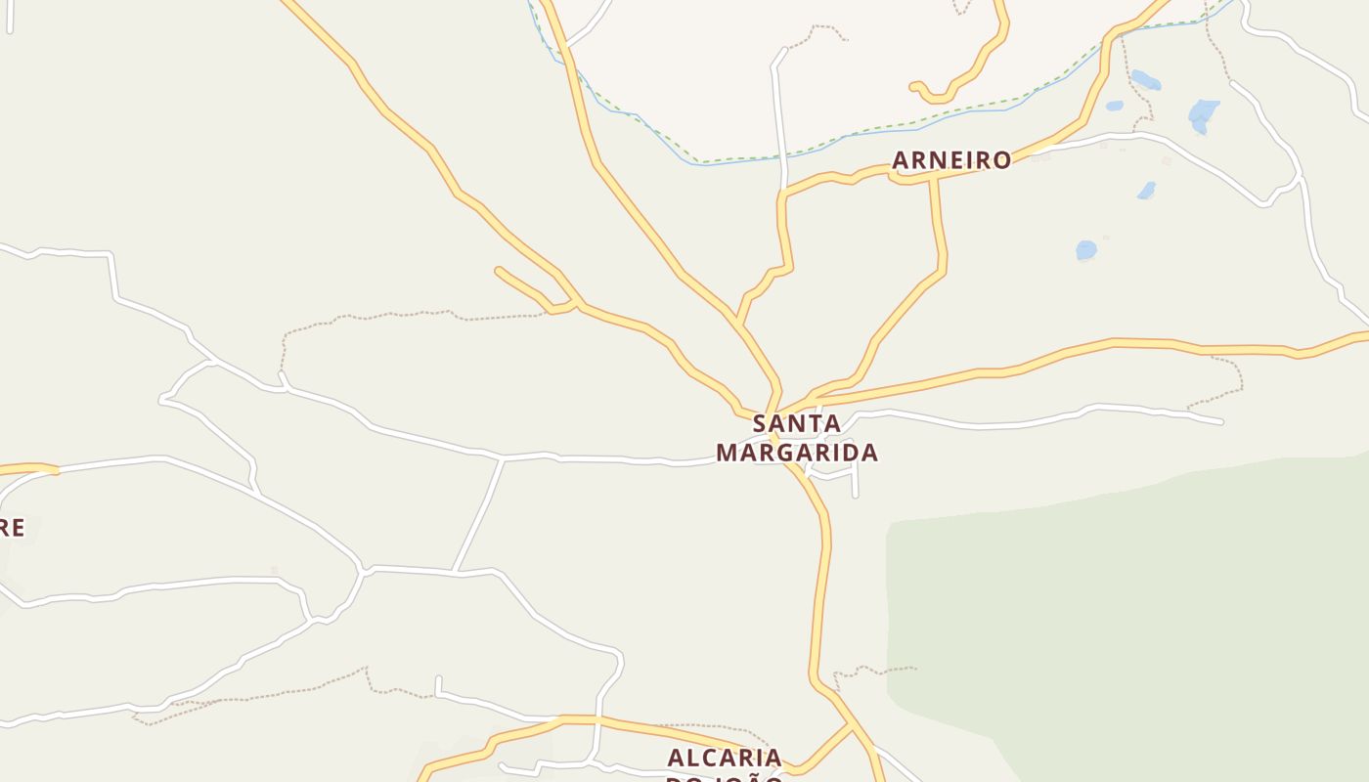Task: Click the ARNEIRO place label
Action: [x=951, y=160]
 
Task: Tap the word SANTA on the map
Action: [x=797, y=424]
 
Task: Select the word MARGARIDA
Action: [x=797, y=453]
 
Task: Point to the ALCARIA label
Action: [x=725, y=758]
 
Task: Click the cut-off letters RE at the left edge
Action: [x=12, y=529]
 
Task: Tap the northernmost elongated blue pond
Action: [x=1145, y=79]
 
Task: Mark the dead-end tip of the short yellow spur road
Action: [x=499, y=270]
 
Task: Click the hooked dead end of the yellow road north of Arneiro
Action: [x=913, y=86]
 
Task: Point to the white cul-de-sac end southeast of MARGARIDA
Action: [x=856, y=495]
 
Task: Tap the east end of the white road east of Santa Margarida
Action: [x=1220, y=422]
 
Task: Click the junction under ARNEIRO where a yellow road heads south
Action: [x=934, y=176]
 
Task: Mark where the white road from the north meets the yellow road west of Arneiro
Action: [x=783, y=192]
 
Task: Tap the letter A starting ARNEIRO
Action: [x=902, y=160]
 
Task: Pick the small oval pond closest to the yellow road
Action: [x=1114, y=106]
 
